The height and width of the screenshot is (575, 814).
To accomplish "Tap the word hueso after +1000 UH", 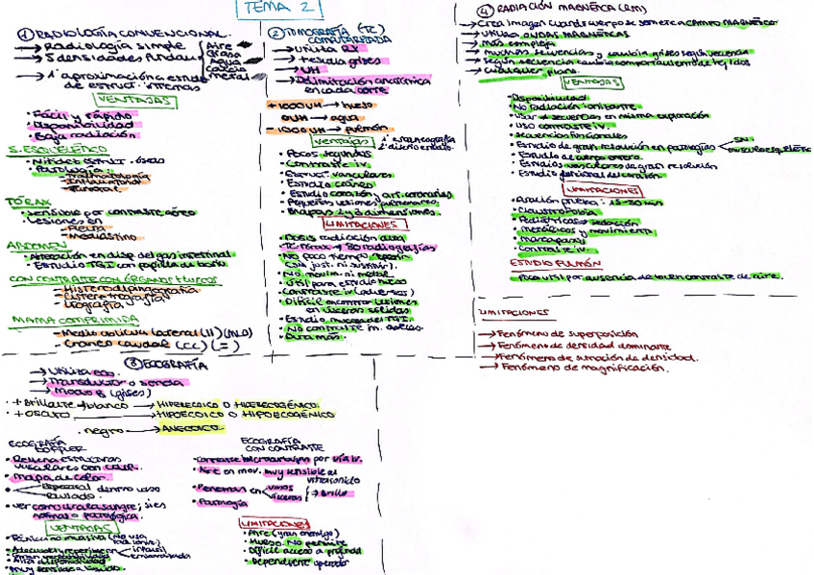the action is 354,104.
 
